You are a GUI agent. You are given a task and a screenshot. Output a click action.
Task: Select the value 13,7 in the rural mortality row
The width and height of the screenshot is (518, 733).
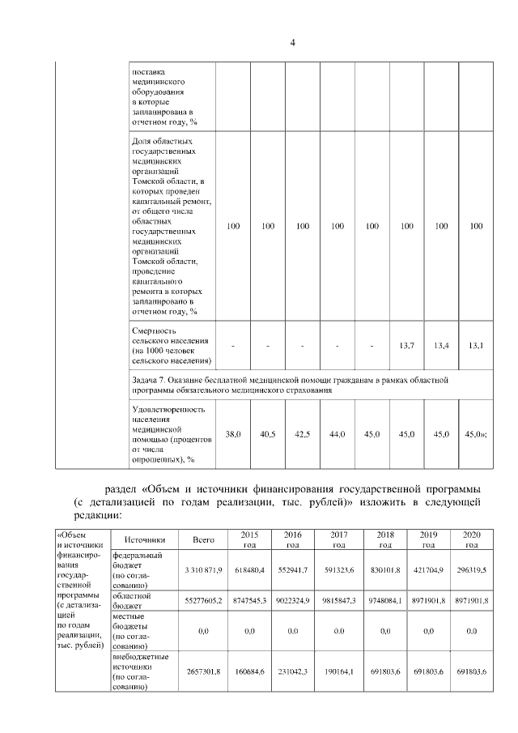pyautogui.click(x=407, y=346)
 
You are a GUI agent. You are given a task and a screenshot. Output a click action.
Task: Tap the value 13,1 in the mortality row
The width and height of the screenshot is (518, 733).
pyautogui.click(x=477, y=346)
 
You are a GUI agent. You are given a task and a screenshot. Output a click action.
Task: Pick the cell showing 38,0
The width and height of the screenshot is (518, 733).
pyautogui.click(x=232, y=435)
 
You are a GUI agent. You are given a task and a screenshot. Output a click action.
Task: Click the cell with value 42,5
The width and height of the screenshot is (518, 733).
pyautogui.click(x=302, y=435)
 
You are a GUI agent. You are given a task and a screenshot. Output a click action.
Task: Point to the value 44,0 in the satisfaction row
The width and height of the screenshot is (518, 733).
pyautogui.click(x=338, y=435)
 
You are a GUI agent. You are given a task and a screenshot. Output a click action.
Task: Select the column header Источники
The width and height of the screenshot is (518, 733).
pyautogui.click(x=145, y=539)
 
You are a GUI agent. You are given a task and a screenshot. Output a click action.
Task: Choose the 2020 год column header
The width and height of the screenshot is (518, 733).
pyautogui.click(x=471, y=539)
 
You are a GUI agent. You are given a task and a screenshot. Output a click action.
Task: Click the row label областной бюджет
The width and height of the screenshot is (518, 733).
pyautogui.click(x=132, y=600)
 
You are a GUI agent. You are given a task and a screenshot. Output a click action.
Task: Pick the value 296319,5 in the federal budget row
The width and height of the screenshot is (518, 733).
pyautogui.click(x=471, y=570)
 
